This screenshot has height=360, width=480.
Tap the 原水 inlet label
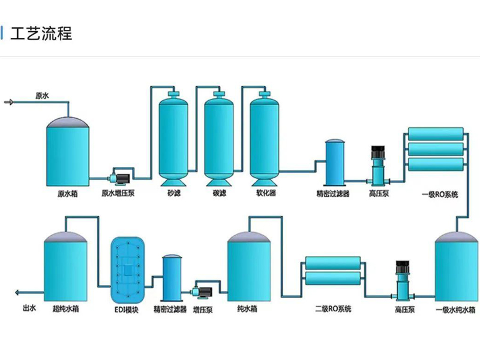(42, 95)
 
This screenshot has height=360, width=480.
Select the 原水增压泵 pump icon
(116, 178)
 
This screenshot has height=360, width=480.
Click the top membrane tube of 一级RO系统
(436, 133)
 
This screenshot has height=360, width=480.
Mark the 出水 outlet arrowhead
(18, 293)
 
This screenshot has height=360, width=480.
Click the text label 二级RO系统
(333, 309)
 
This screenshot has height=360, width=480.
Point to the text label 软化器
(265, 194)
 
